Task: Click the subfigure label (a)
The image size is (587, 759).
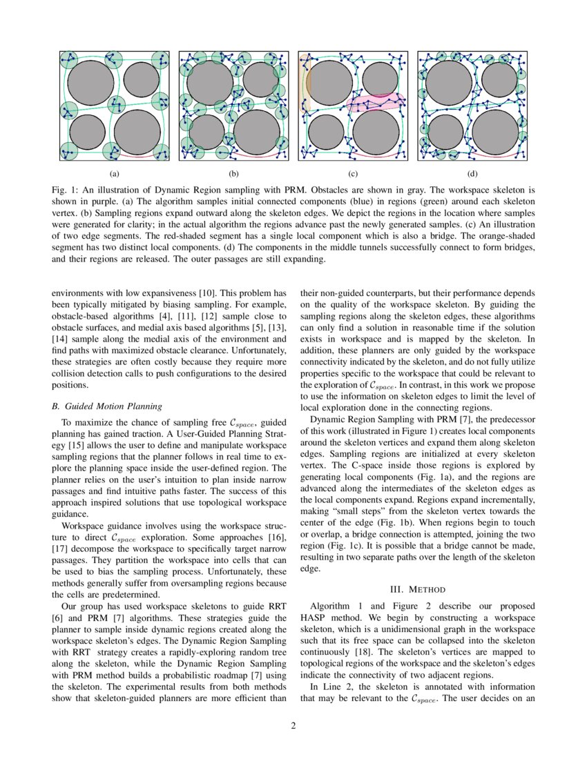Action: pyautogui.click(x=115, y=173)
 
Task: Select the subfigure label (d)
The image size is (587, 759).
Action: pyautogui.click(x=472, y=173)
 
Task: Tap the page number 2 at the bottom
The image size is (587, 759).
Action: pyautogui.click(x=293, y=724)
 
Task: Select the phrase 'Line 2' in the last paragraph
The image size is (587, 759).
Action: pyautogui.click(x=334, y=687)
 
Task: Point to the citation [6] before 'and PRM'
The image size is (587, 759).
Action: pyautogui.click(x=57, y=618)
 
